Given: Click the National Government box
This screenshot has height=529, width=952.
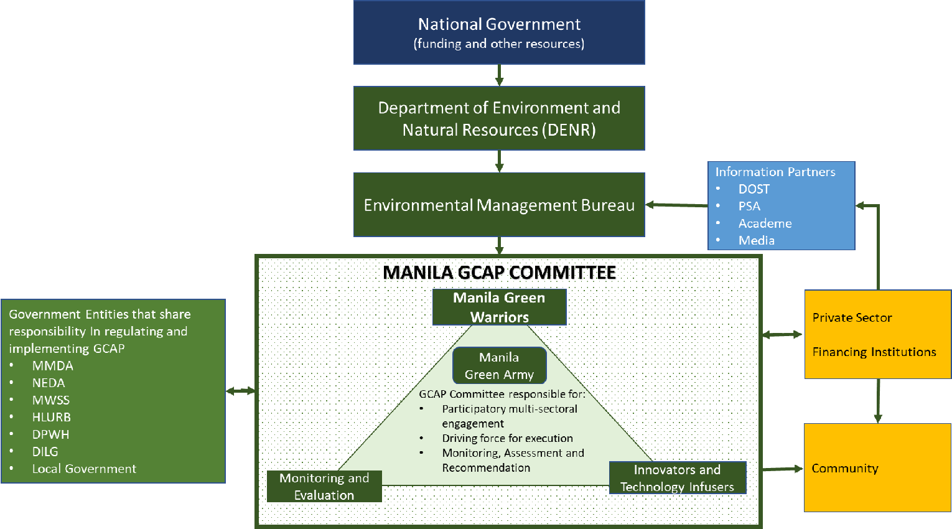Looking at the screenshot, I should click(x=499, y=32).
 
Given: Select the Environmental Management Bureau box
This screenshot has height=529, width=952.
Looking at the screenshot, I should click(x=499, y=205).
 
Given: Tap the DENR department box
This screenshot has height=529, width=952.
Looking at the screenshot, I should click(x=499, y=118).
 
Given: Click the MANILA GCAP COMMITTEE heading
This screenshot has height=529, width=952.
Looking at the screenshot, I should click(x=499, y=273).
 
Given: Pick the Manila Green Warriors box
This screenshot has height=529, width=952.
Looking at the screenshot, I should click(x=499, y=307).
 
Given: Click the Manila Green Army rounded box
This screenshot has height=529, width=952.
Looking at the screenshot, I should click(x=499, y=366).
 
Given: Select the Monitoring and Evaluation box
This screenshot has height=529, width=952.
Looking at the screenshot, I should click(x=324, y=486).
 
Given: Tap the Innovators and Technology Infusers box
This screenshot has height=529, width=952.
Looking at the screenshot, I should click(x=677, y=478).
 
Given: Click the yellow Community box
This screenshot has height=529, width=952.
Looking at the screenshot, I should click(x=877, y=468).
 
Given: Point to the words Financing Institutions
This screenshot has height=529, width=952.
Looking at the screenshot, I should click(x=874, y=352).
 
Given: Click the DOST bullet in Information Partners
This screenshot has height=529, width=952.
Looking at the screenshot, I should click(x=754, y=189).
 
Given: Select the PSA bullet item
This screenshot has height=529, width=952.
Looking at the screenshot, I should click(x=749, y=206).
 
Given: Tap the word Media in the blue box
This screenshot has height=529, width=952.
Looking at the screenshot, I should click(x=756, y=240).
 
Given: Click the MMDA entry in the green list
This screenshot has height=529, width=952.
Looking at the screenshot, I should click(x=53, y=366).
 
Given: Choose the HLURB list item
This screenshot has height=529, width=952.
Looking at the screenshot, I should click(x=52, y=417).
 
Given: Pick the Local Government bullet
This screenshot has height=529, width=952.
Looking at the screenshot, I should click(x=84, y=469).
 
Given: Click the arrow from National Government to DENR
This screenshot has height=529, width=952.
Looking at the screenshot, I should click(x=499, y=75).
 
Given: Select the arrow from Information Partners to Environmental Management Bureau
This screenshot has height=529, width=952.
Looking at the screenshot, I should click(x=676, y=205).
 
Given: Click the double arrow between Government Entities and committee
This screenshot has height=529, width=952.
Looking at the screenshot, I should click(x=241, y=391).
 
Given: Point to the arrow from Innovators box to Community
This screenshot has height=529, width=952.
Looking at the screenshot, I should click(x=782, y=469).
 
